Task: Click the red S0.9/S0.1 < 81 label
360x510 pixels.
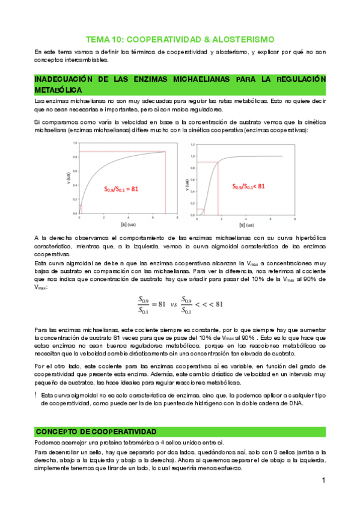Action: [249, 186]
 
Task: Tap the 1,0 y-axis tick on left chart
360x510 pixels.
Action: [75, 143]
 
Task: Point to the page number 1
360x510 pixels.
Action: [323, 481]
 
